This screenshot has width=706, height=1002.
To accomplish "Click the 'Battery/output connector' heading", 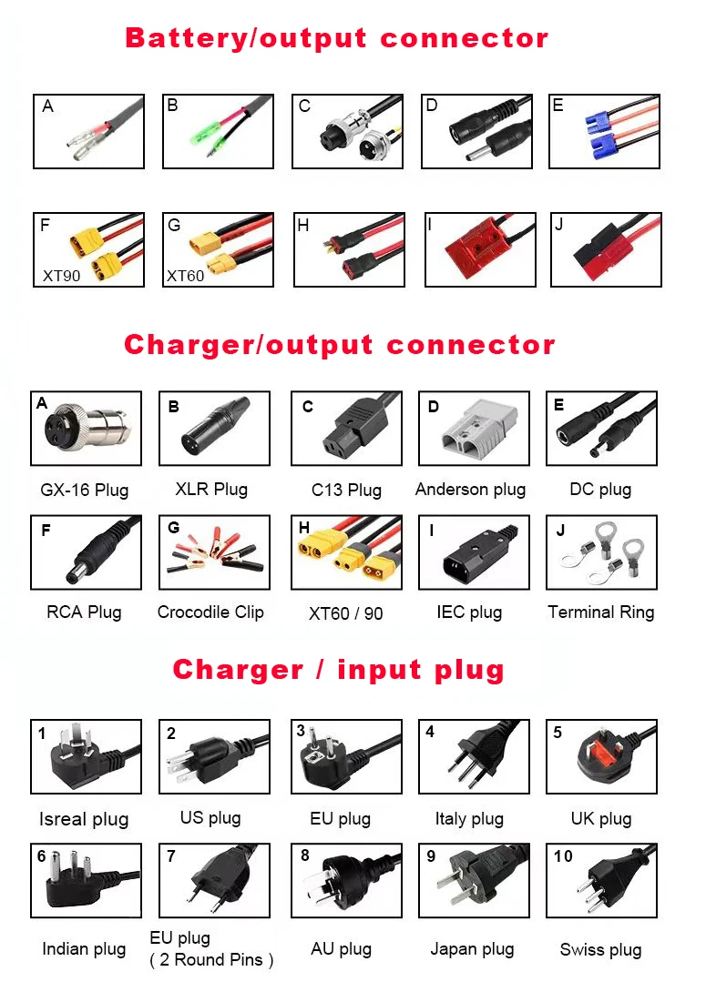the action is pos(336,38).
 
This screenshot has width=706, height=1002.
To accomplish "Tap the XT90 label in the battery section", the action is pos(61,274).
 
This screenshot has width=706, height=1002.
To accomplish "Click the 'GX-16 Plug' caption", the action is pos(84,490).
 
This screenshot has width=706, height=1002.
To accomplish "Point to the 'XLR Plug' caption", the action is pos(211,489).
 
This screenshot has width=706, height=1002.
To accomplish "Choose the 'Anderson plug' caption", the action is pos(470,489).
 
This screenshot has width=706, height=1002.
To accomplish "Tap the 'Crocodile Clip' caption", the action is pos(210,612).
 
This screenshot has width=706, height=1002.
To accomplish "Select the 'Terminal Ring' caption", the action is pos(600,612).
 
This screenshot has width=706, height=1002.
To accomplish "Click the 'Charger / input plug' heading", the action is pos(338,670).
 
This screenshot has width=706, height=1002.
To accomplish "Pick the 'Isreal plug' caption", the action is pos(84,819).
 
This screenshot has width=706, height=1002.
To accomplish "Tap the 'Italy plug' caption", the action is pos(469,818).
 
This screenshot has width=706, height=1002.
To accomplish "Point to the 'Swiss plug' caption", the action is pos(600,949).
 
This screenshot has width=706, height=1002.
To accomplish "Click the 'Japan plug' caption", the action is pos(472,949).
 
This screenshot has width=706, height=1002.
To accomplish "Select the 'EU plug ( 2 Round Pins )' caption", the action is pos(210,948).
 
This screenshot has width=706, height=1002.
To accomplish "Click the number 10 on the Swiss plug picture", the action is pos(563,856).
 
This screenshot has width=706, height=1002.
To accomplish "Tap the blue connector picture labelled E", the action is pos(604,131).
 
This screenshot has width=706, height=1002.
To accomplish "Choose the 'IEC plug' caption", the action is pos(469,612).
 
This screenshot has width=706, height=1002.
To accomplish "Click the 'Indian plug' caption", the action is pos(84,949).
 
